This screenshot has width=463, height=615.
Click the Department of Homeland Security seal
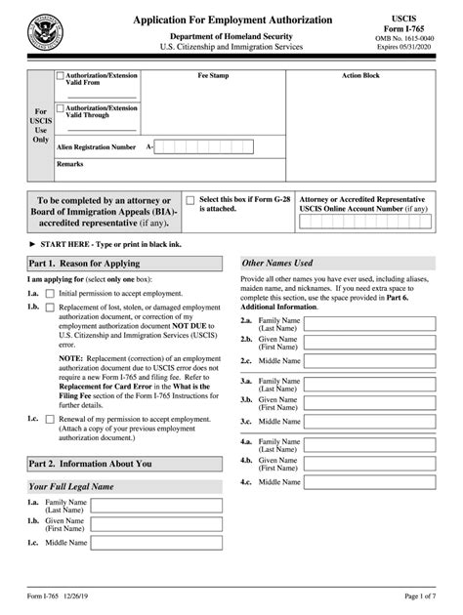tap(42, 32)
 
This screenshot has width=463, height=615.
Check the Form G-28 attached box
tap(189, 198)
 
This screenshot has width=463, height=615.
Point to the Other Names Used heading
tap(277, 264)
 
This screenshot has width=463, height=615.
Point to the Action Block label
tap(360, 75)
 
